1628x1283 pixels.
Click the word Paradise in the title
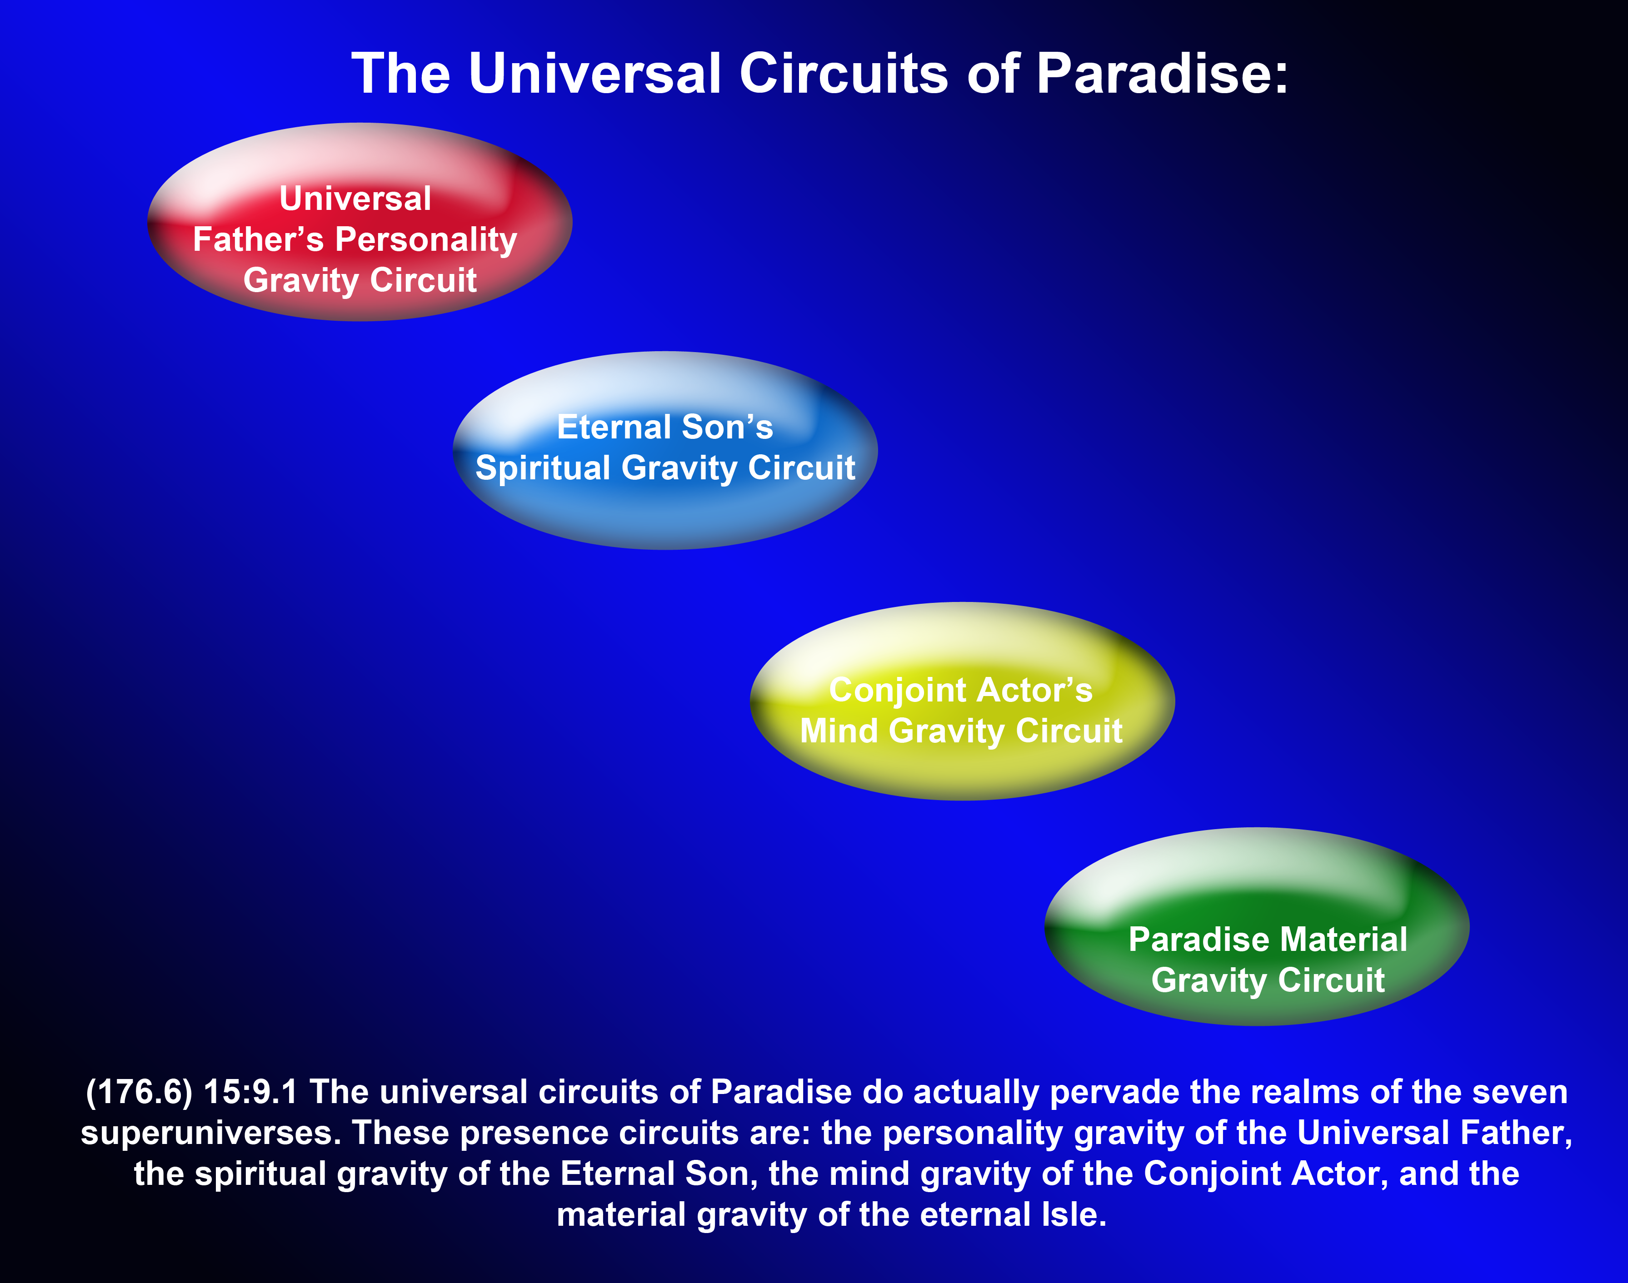click(x=1162, y=75)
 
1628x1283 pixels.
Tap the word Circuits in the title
click(x=843, y=75)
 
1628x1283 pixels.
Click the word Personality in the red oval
click(x=425, y=239)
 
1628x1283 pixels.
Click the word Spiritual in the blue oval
click(x=542, y=468)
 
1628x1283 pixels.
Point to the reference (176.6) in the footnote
click(x=139, y=1092)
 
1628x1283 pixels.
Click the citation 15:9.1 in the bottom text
click(x=250, y=1092)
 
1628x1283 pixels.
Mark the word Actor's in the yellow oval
click(x=1038, y=690)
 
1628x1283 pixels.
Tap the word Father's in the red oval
click(x=258, y=239)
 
